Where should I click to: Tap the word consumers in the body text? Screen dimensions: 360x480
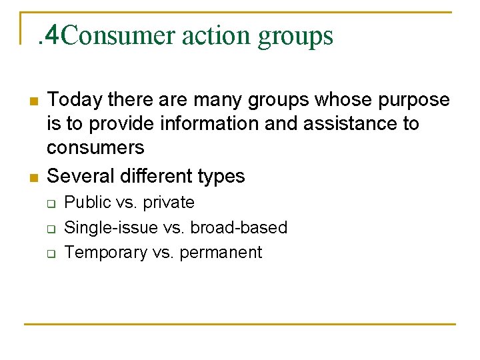[x=95, y=148]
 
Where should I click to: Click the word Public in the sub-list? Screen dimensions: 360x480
[x=83, y=203]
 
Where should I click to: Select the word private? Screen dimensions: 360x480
[x=169, y=203]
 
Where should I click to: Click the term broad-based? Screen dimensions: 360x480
[x=239, y=227]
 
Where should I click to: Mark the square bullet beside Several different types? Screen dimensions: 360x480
[x=32, y=177]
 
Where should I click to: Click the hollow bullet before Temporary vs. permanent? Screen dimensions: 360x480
[x=51, y=253]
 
